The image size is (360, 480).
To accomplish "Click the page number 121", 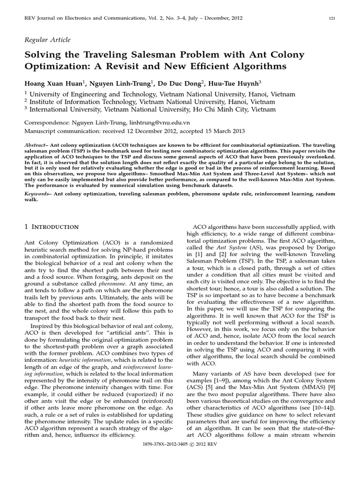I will tap(331, 18).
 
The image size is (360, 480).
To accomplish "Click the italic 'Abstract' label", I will tap(36, 146).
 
